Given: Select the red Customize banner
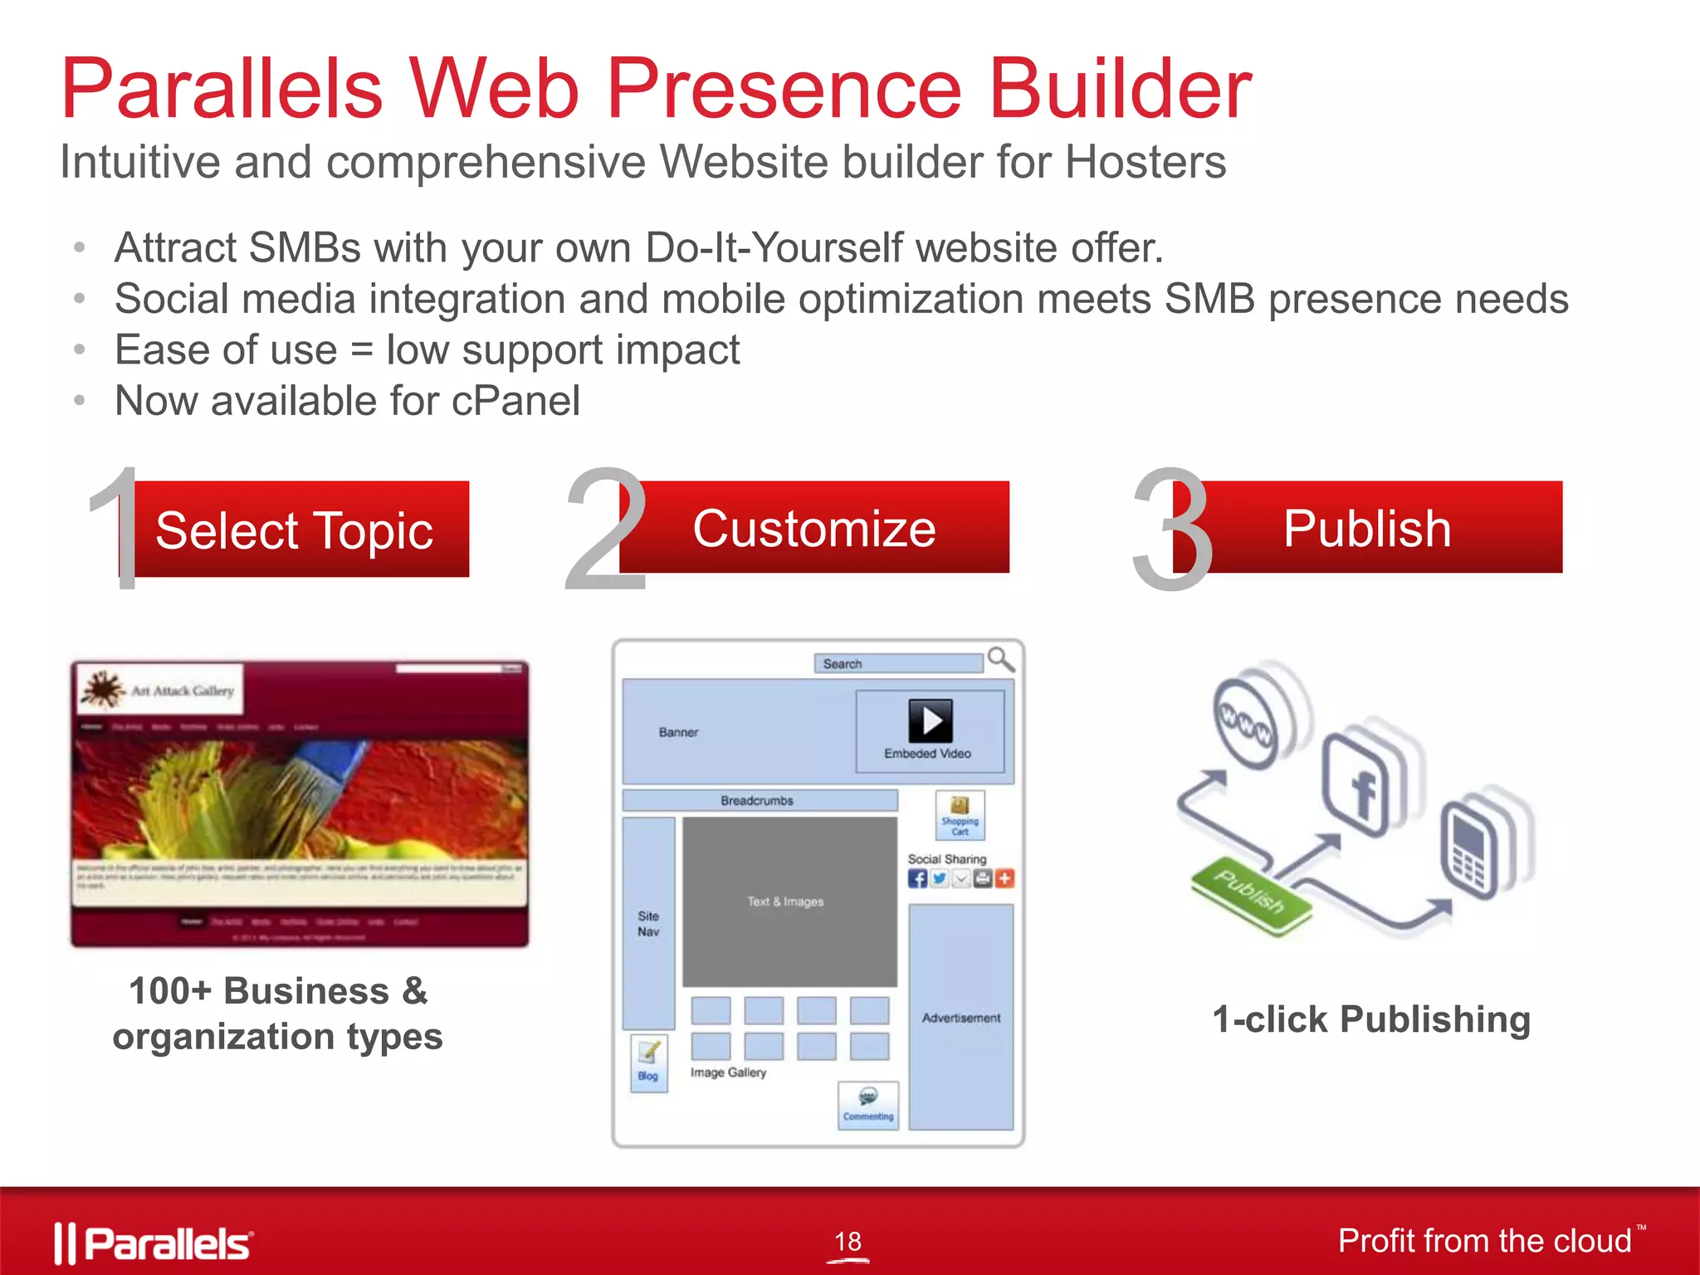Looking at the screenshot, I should tap(813, 528).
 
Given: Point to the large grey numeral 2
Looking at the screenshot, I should tap(603, 531).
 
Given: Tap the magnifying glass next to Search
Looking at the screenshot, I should tap(1001, 660).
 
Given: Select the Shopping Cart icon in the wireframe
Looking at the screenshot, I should tap(960, 814).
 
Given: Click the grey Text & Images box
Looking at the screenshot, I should tap(789, 901).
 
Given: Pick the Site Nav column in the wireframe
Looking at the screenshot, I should tap(648, 923).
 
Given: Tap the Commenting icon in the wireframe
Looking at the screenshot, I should tap(868, 1104).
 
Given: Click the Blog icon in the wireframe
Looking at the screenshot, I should tap(648, 1062).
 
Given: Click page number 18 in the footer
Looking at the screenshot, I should tap(848, 1242).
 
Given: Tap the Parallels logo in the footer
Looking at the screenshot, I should tap(154, 1243).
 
